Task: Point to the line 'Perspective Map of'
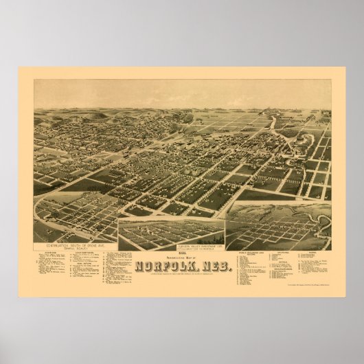180,256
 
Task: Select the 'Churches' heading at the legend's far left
52,253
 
